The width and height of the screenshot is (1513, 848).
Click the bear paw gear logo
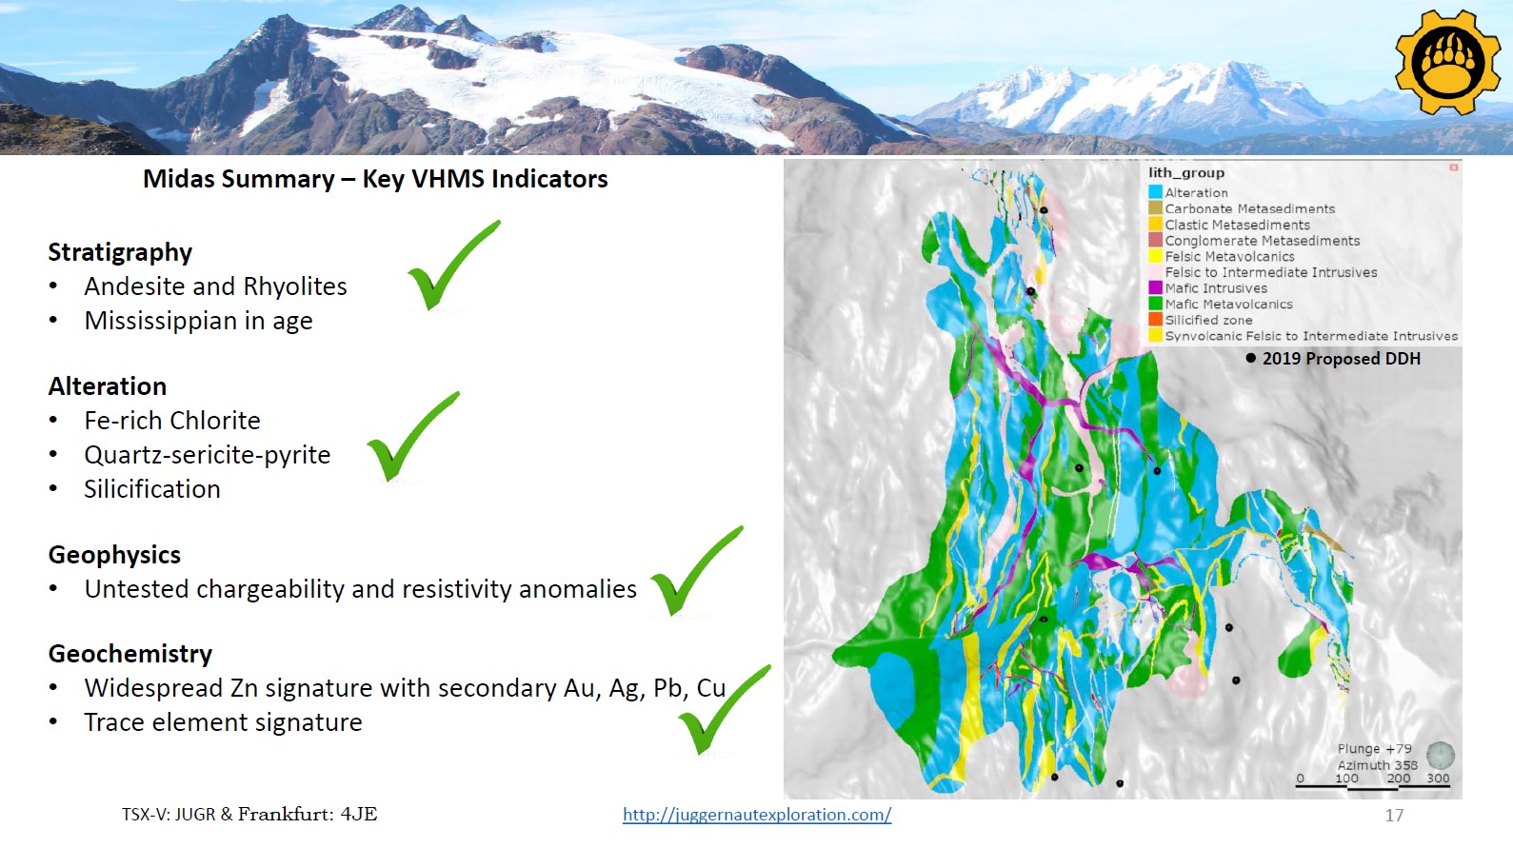(1448, 62)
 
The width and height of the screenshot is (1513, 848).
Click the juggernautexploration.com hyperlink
(756, 815)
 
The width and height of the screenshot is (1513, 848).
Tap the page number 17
(1394, 815)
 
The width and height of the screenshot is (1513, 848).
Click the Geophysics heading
(114, 554)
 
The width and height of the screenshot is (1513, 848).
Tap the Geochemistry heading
(129, 654)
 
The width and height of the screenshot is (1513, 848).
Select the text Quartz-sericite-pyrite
(207, 454)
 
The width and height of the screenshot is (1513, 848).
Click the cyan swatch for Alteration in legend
(1155, 192)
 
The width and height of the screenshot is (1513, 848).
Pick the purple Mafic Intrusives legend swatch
(1155, 288)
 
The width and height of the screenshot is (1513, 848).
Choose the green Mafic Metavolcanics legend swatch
(1155, 304)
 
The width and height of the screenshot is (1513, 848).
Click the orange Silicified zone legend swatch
(1155, 320)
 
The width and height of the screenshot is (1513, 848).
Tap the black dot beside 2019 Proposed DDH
(1251, 358)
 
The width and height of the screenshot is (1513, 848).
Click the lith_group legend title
(1186, 173)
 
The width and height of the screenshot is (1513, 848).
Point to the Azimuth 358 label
(1377, 765)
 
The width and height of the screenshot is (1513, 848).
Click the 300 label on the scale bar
(1438, 778)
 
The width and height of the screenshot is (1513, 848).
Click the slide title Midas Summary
(238, 179)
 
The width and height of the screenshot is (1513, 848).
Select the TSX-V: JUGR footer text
(169, 815)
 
